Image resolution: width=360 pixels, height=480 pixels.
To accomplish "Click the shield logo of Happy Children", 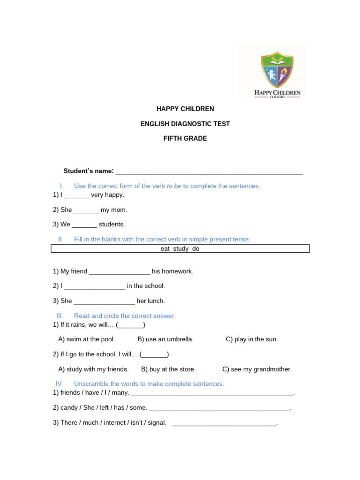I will point(277,70).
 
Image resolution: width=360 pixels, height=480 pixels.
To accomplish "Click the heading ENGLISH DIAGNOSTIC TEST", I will point(185,124).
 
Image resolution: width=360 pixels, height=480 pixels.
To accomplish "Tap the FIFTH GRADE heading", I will point(185,138).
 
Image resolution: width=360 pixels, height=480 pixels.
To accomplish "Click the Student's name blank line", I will point(209,172).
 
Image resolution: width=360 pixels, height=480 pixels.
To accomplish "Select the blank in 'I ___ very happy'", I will point(76,195).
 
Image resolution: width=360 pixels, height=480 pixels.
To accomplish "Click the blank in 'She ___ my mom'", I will point(86,210).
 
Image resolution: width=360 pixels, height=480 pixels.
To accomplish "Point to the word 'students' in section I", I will point(112,225).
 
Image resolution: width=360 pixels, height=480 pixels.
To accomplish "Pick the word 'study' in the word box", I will point(180,249).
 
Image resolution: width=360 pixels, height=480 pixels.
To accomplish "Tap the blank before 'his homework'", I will point(119,272).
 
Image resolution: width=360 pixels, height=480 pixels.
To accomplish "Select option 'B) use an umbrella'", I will point(165,339).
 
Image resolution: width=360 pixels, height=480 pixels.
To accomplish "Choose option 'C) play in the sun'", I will point(252,339).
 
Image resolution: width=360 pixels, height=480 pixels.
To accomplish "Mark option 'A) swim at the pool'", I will point(87,339).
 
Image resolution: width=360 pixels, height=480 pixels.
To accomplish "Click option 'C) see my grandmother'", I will point(257,369).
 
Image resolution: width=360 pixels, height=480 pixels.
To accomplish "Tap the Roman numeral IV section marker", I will point(60,384).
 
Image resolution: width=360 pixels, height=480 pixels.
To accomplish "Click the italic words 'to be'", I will point(174,186).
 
